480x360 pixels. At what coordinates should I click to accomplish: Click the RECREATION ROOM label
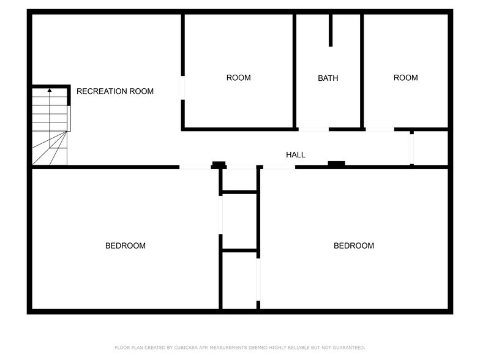(x=115, y=91)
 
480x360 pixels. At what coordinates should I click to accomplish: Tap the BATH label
(x=328, y=78)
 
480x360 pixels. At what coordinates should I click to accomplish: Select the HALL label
(x=296, y=155)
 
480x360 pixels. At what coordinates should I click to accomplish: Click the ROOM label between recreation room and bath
(x=238, y=78)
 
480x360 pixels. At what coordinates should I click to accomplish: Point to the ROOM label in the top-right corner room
(x=405, y=78)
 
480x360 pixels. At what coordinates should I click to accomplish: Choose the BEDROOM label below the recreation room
(x=126, y=246)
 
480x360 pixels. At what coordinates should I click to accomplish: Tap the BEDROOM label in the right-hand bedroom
(x=353, y=246)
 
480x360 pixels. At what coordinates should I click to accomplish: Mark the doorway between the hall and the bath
(x=313, y=129)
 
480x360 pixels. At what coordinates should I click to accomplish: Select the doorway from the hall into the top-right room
(x=380, y=129)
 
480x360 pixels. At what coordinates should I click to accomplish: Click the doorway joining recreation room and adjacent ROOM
(x=182, y=87)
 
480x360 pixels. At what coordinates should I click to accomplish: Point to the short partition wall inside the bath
(x=331, y=30)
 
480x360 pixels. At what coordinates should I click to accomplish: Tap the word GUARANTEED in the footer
(x=347, y=348)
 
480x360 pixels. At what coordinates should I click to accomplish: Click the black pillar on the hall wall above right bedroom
(x=336, y=163)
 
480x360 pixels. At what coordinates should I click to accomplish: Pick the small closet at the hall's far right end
(x=430, y=148)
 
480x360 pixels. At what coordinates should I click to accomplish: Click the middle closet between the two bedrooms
(x=239, y=221)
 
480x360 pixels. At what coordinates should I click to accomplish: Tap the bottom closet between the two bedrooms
(x=239, y=279)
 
